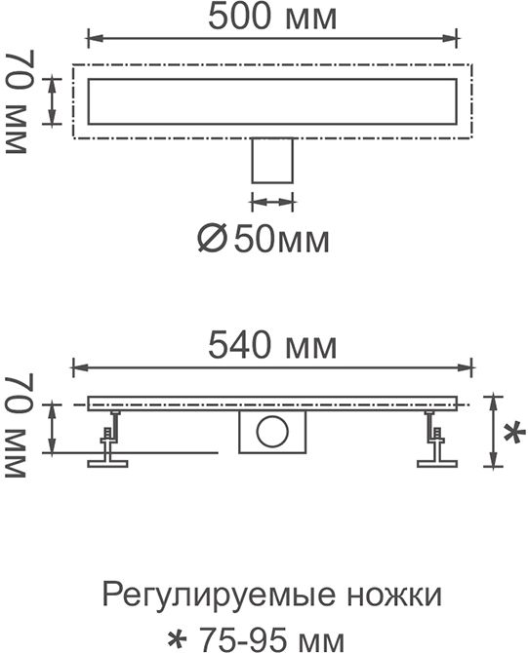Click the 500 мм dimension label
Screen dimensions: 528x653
272,18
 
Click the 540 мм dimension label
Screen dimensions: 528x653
272,346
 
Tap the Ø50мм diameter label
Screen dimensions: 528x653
264,240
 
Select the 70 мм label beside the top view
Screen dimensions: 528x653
17,102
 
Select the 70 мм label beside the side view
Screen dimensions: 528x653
17,425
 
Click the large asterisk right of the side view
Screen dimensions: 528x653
514,433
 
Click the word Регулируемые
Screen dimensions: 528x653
219,596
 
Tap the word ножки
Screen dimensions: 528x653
394,595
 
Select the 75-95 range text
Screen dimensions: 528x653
241,638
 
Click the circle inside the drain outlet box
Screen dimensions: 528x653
272,431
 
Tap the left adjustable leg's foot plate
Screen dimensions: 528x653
107,463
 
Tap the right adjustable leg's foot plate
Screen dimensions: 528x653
437,463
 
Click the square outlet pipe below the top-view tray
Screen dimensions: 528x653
272,161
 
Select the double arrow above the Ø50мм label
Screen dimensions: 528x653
272,203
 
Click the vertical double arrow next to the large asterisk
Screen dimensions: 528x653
494,431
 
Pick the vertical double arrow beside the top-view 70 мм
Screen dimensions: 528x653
52,101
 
